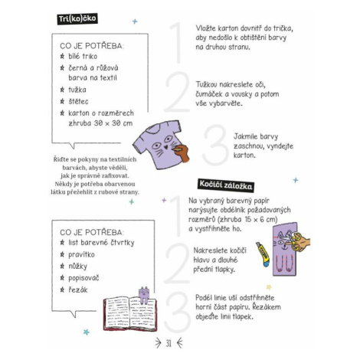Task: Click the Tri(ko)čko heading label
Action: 77,19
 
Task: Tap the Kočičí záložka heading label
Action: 226,185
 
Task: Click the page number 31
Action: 169,343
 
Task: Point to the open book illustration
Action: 130,313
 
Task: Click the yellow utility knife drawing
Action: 263,254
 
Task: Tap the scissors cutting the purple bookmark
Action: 291,241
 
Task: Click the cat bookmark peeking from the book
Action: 144,295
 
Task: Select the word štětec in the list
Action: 78,101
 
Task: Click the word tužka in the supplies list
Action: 77,90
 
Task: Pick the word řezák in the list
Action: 78,290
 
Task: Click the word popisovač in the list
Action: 83,278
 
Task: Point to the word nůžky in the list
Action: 77,267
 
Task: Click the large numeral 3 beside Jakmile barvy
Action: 215,145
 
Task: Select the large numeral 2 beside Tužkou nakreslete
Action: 177,92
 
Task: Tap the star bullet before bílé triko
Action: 62,56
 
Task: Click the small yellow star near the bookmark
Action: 269,287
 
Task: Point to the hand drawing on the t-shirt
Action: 182,153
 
